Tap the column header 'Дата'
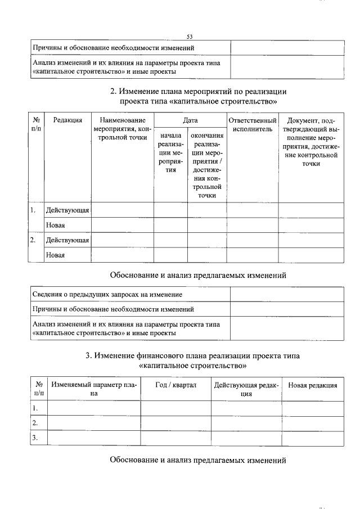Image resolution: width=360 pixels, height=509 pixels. pos(190,120)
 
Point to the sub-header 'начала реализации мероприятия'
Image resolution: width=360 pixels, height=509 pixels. pos(171,152)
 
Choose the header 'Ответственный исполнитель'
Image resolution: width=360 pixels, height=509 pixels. pos(252,124)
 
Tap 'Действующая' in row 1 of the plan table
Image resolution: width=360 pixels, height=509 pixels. pos(67,210)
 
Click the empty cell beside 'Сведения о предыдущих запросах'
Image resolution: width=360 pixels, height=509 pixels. pos(287,295)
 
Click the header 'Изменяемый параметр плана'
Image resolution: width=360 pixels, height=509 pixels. pos(94,389)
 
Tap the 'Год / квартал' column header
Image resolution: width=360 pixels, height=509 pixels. pos(175,385)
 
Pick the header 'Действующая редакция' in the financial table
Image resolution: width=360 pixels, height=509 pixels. pos(246,389)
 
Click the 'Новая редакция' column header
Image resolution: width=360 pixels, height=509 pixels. pos(312,385)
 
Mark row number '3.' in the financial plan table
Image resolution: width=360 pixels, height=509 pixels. pos(35,438)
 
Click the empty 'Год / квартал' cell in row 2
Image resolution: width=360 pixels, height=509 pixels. pos(175,423)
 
